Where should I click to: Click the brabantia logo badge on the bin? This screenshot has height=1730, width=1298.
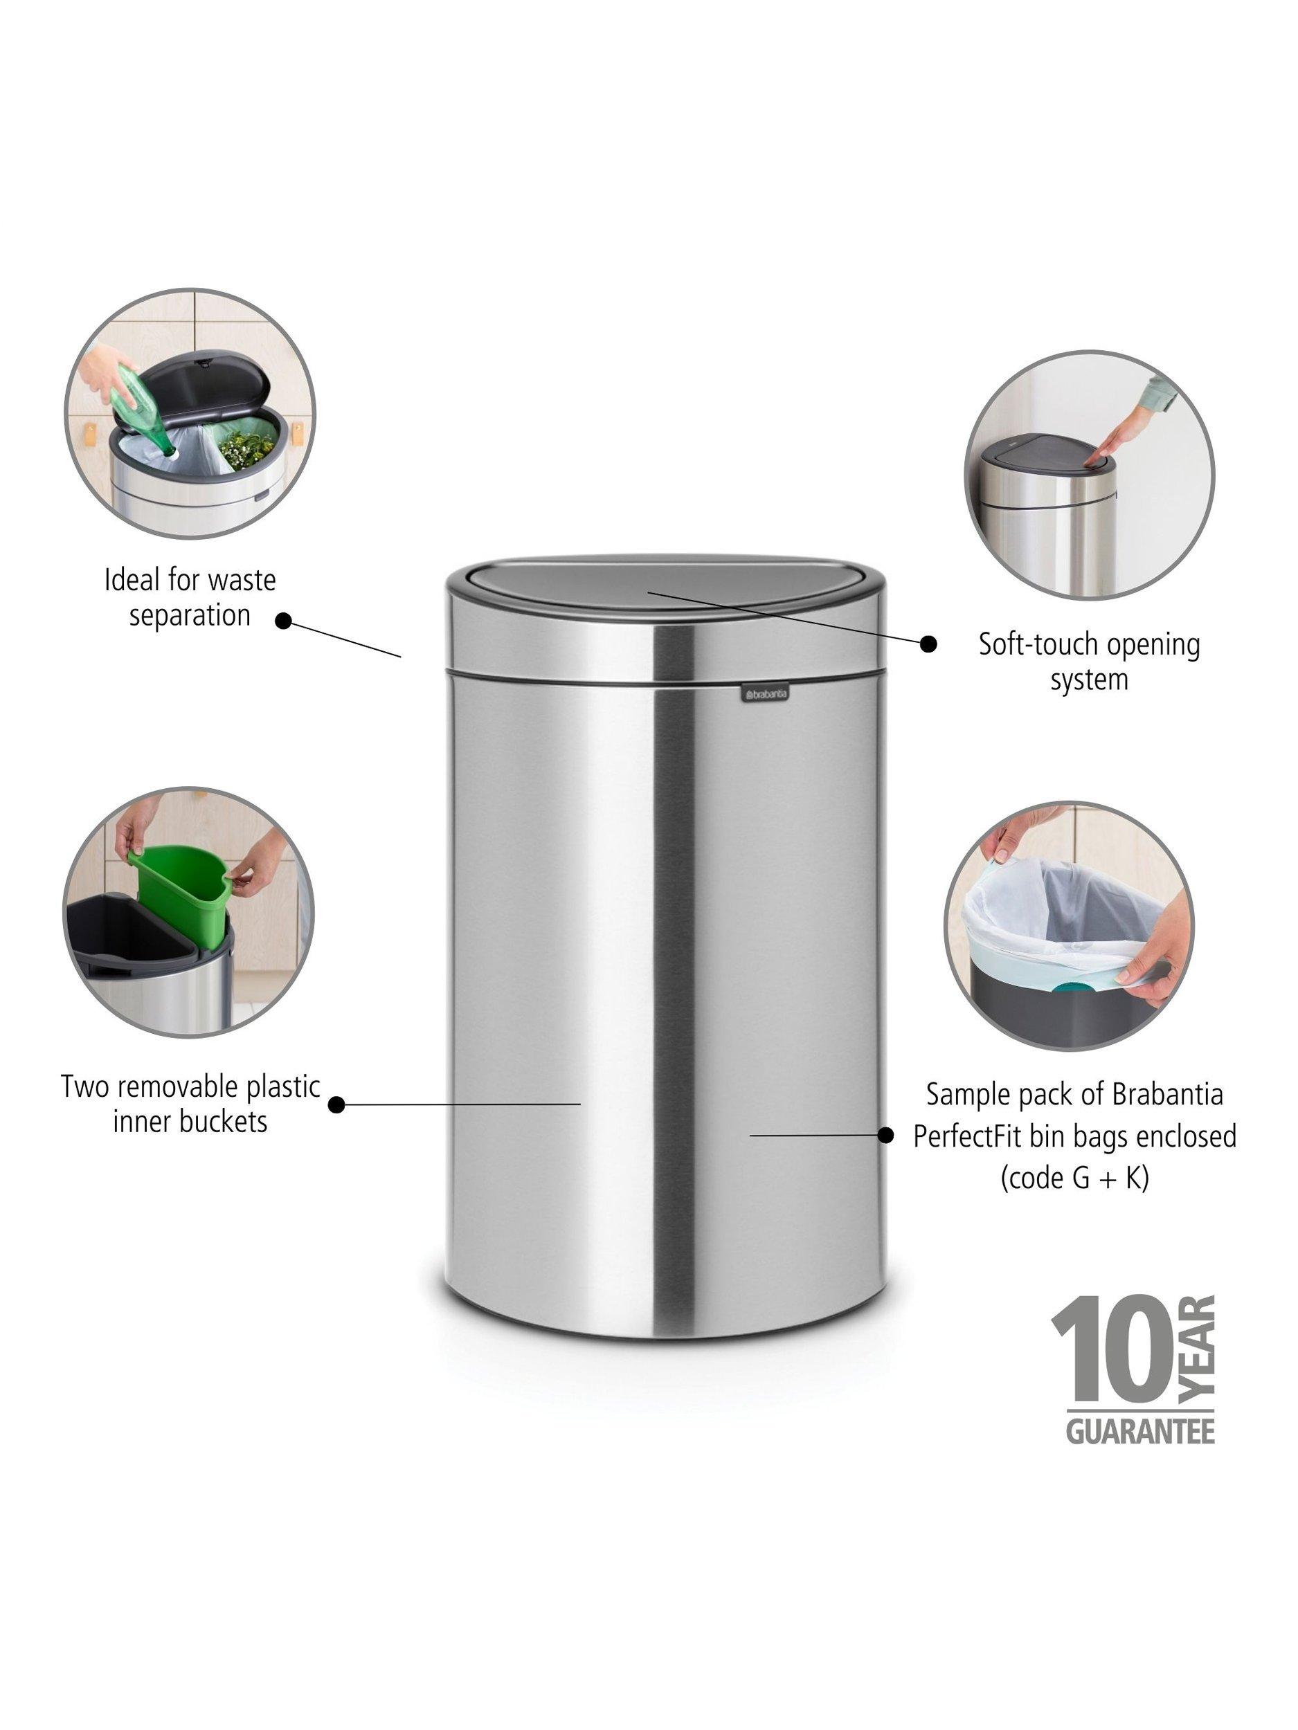pos(764,693)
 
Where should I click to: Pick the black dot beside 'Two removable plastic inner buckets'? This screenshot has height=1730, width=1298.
pos(336,1104)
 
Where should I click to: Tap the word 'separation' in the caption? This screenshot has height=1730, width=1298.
pos(190,615)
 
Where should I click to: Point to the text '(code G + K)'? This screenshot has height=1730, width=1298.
pos(1075,1178)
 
